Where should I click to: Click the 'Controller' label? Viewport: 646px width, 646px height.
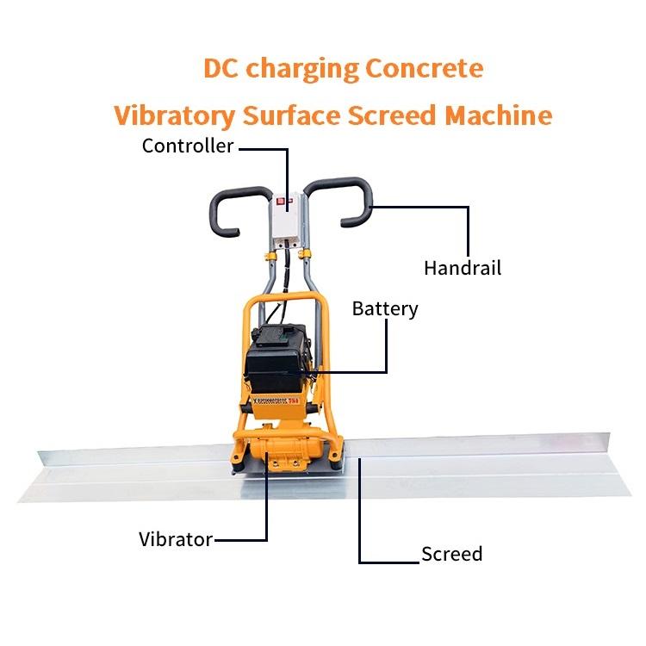[188, 146]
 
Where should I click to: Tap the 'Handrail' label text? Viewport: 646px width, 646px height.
[462, 267]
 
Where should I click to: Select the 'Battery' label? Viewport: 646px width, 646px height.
[385, 308]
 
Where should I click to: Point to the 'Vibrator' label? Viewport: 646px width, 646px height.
[176, 540]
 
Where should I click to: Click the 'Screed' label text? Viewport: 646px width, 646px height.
[451, 554]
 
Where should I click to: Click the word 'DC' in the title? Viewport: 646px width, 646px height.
[221, 68]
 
